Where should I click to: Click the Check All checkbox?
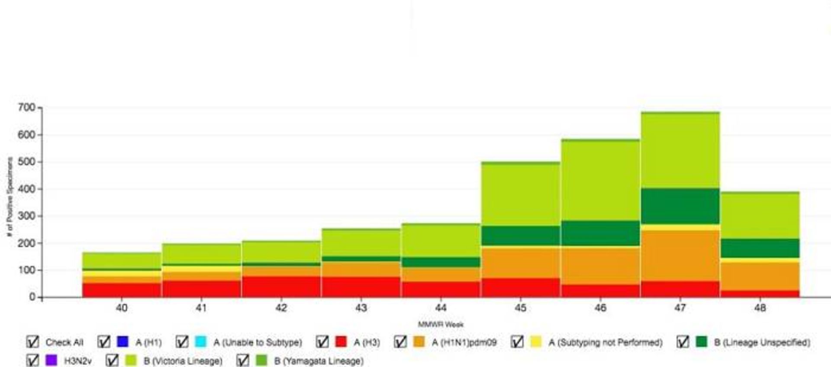(x=32, y=342)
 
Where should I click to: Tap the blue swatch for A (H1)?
(x=122, y=342)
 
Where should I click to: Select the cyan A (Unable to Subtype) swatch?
(x=200, y=342)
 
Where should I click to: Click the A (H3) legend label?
(x=367, y=342)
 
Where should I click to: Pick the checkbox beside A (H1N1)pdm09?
(x=400, y=342)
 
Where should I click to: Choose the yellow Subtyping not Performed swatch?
(x=536, y=342)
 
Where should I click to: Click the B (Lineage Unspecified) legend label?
(x=762, y=342)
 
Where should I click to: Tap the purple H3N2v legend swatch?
(x=51, y=360)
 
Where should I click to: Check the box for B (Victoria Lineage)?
(x=112, y=360)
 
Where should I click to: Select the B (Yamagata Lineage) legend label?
(x=319, y=361)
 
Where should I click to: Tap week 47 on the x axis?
(x=680, y=308)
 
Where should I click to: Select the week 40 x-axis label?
(x=122, y=308)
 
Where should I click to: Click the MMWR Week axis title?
(x=441, y=324)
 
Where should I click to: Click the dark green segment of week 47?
(x=680, y=206)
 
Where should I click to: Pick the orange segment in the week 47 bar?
(x=680, y=255)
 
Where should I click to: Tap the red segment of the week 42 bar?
(x=281, y=287)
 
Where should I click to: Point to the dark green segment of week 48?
(x=760, y=248)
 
